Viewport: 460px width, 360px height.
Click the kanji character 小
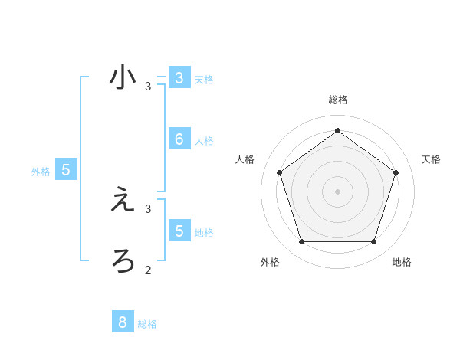pyautogui.click(x=123, y=78)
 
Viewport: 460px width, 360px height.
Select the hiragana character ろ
pyautogui.click(x=123, y=260)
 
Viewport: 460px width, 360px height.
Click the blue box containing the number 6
pyautogui.click(x=179, y=139)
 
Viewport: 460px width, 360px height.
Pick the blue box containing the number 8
pyautogui.click(x=123, y=322)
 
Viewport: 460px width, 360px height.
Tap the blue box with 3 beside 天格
pyautogui.click(x=179, y=78)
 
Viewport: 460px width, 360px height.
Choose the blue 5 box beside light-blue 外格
pyautogui.click(x=66, y=170)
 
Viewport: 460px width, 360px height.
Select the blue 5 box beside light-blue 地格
pyautogui.click(x=179, y=230)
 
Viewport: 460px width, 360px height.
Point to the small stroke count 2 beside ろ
pyautogui.click(x=148, y=270)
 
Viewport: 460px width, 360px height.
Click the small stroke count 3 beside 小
pyautogui.click(x=148, y=87)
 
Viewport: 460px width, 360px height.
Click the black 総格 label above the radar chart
pyautogui.click(x=338, y=100)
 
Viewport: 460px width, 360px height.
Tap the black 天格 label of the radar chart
pyautogui.click(x=431, y=159)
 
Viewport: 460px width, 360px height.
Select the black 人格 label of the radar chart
pyautogui.click(x=245, y=159)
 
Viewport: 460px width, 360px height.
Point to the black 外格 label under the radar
pyautogui.click(x=270, y=262)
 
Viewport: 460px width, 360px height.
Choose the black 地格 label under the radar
pyautogui.click(x=402, y=262)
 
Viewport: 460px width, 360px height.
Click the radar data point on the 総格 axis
pyautogui.click(x=338, y=130)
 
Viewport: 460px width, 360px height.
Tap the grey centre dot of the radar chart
pyautogui.click(x=338, y=191)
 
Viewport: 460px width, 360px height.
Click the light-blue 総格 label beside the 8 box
pyautogui.click(x=147, y=324)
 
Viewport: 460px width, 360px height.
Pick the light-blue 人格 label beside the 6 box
pyautogui.click(x=204, y=141)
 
